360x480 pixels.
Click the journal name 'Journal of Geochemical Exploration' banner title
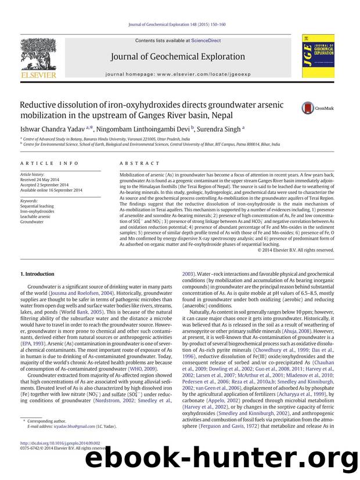point(180,57)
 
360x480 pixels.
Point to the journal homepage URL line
point(180,75)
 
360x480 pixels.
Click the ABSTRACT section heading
point(139,164)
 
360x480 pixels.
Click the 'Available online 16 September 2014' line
point(51,190)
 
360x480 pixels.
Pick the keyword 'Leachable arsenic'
point(37,216)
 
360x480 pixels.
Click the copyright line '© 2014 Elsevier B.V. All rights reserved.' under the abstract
point(296,250)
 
